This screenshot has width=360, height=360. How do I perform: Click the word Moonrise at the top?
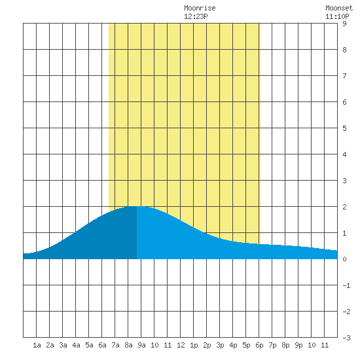pos(200,9)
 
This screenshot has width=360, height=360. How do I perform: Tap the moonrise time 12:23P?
pos(196,16)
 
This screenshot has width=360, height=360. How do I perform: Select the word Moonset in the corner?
pos(339,9)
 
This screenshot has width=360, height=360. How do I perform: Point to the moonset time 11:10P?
pos(337,16)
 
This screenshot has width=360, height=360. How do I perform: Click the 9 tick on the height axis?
pos(344,24)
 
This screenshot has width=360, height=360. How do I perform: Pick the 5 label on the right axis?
pos(344,128)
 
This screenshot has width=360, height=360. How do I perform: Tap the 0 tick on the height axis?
pos(344,259)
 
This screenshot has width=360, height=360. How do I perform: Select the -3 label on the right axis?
pos(347,338)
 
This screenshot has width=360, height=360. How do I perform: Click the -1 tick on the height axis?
pos(347,285)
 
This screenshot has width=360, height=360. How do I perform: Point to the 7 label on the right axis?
pos(344,76)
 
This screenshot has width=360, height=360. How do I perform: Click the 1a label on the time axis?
pos(37,345)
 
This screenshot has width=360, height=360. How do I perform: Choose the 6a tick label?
pos(102,345)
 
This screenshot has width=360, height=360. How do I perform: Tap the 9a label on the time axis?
pos(141,345)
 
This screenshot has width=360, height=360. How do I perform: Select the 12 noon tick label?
pos(181,345)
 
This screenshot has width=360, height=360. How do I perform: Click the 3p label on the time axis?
pos(220,345)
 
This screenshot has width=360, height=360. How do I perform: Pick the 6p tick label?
pos(259,345)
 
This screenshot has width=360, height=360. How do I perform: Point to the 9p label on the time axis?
pos(298,345)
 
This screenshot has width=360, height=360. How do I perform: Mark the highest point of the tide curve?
pos(137,206)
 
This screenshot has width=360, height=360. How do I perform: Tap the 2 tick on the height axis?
pos(344,207)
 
